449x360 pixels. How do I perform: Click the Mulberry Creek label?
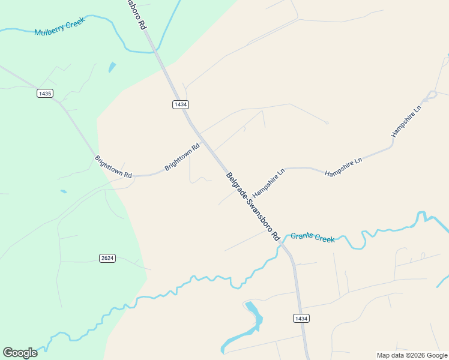60,28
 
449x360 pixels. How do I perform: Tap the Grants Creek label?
313,237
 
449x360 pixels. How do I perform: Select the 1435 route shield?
44,93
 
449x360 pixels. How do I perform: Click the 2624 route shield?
107,258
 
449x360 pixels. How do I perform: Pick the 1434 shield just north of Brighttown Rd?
180,104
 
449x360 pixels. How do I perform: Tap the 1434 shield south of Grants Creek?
301,318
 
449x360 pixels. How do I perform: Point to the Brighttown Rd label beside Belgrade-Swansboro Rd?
182,157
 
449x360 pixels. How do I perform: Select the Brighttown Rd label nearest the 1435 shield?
113,166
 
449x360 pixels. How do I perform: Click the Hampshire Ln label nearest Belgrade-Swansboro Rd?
268,183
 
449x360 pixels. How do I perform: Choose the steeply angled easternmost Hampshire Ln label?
407,121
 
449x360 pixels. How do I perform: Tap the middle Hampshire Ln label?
343,167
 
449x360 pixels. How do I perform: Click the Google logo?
20,353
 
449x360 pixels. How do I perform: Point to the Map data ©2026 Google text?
412,355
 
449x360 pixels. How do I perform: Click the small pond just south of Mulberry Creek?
112,67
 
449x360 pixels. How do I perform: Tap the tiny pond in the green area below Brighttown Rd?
64,192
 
